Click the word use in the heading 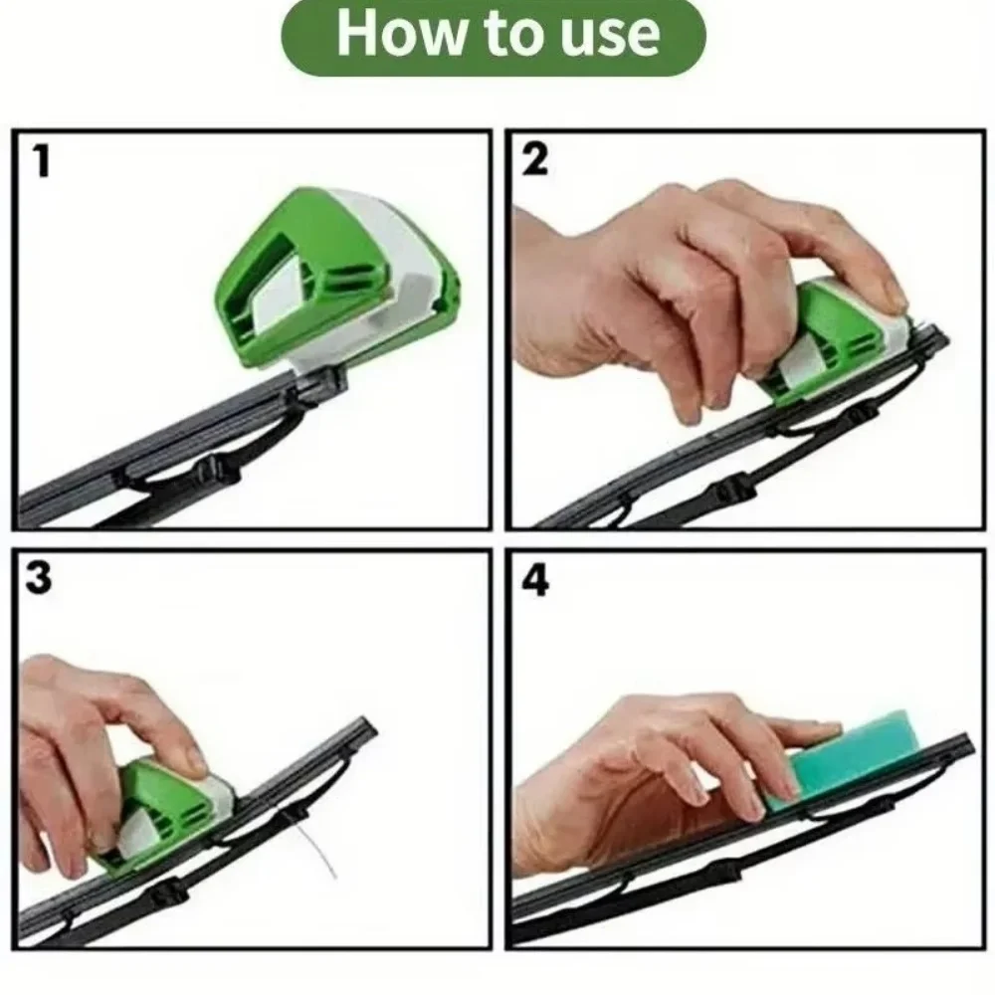click(x=614, y=34)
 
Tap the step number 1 click(x=40, y=161)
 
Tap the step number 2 click(x=535, y=160)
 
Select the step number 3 click(x=39, y=579)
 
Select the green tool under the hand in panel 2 click(x=836, y=343)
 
